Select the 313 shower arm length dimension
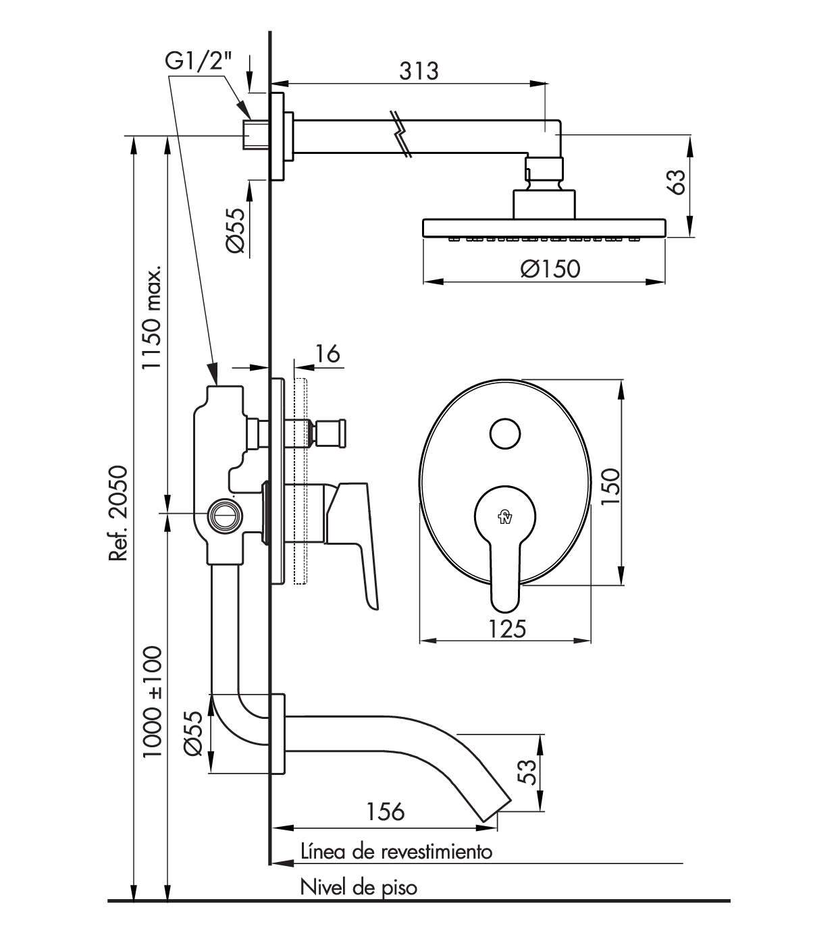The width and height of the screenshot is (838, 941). pyautogui.click(x=418, y=70)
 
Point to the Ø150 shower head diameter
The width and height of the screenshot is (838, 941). pyautogui.click(x=550, y=269)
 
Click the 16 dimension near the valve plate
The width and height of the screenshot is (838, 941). pyautogui.click(x=328, y=354)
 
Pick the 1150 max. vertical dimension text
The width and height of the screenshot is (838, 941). pyautogui.click(x=151, y=317)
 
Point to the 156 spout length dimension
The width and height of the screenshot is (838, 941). pyautogui.click(x=385, y=811)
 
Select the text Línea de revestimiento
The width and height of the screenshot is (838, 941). pyautogui.click(x=396, y=851)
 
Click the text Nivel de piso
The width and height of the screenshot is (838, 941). pyautogui.click(x=359, y=886)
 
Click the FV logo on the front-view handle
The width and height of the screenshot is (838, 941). pyautogui.click(x=505, y=518)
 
